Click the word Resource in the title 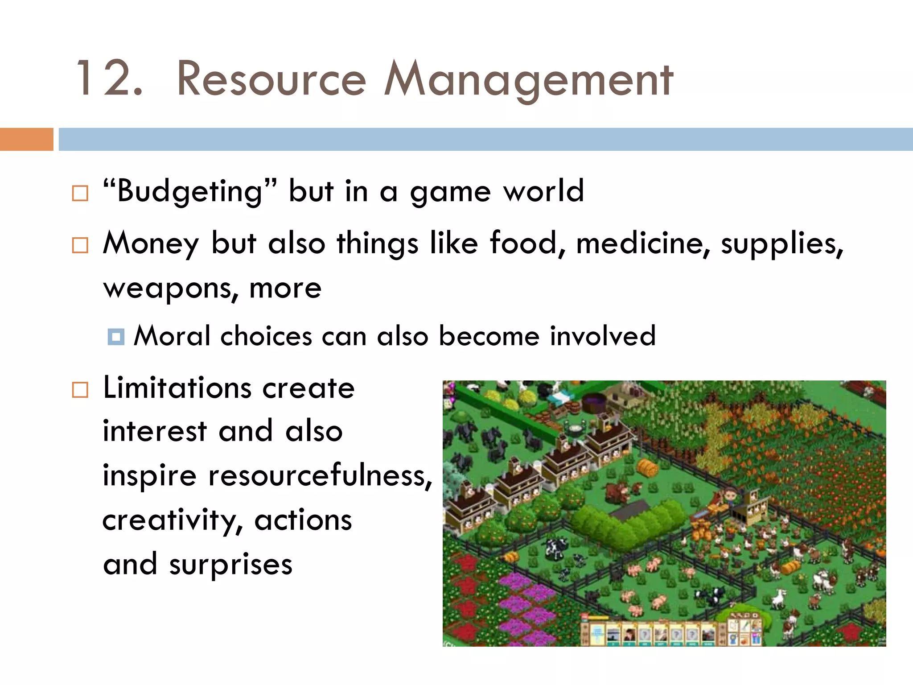point(271,79)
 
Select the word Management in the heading point(529,80)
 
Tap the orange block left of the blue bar point(26,139)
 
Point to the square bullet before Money point(80,245)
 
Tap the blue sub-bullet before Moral point(116,337)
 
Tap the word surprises point(230,565)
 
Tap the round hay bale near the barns point(648,467)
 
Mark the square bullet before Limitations point(80,390)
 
